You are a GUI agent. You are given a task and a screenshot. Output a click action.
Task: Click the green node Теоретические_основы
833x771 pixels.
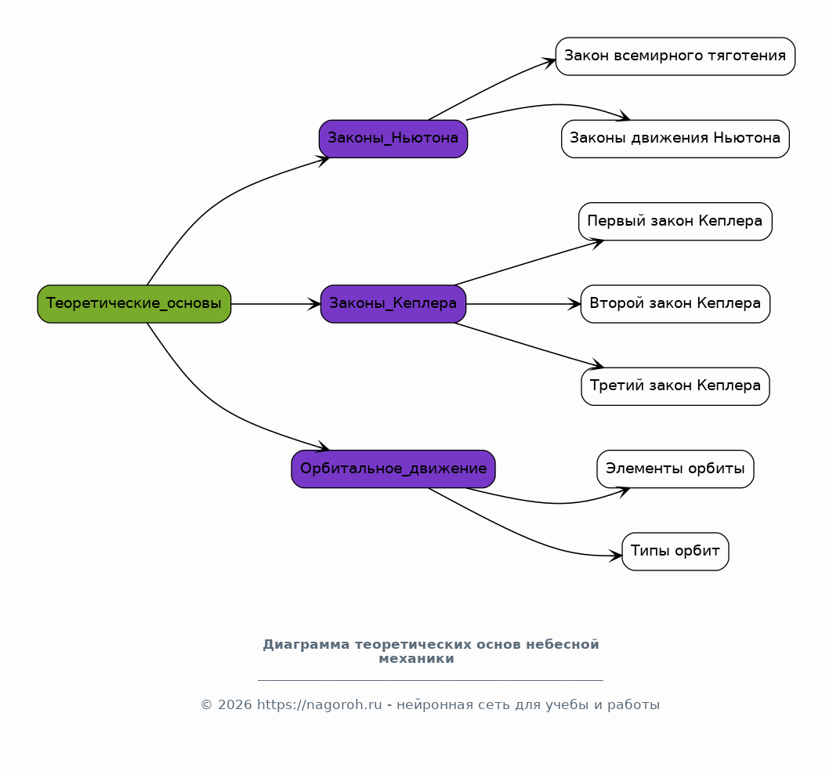tap(134, 304)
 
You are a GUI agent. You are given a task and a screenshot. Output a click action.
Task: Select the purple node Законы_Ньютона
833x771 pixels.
tap(393, 139)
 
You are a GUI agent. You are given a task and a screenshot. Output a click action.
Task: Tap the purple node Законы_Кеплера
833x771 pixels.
tap(393, 304)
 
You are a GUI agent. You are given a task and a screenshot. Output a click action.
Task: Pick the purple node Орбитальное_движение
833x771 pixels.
tap(393, 469)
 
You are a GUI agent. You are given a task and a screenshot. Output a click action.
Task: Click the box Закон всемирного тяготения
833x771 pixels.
tap(675, 56)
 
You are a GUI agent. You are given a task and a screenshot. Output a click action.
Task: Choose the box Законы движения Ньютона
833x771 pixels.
tap(675, 139)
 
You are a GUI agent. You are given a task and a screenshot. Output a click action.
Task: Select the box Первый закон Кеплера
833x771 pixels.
tap(675, 222)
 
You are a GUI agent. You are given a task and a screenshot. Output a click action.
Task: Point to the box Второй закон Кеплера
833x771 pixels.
tap(675, 304)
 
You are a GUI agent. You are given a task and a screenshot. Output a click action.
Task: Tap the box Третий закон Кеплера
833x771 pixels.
tap(675, 386)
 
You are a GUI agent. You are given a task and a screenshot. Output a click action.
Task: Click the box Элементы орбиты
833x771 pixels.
tap(675, 469)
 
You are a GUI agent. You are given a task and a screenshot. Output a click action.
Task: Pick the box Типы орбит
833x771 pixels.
tap(675, 552)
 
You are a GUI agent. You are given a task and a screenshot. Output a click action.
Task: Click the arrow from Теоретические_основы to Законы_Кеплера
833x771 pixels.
tap(276, 304)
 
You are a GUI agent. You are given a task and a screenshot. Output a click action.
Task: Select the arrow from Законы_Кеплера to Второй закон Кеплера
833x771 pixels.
tap(523, 304)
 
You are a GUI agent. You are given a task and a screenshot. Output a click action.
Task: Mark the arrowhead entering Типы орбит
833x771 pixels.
tap(616, 556)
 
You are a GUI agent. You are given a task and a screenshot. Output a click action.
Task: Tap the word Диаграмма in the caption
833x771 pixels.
tap(306, 645)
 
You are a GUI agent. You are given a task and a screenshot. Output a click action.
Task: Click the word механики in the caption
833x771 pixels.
tap(417, 659)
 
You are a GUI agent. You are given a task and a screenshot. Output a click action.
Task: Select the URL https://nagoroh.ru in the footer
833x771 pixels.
tap(319, 705)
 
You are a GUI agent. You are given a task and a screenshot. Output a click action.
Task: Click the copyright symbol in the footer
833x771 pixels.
tap(207, 705)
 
